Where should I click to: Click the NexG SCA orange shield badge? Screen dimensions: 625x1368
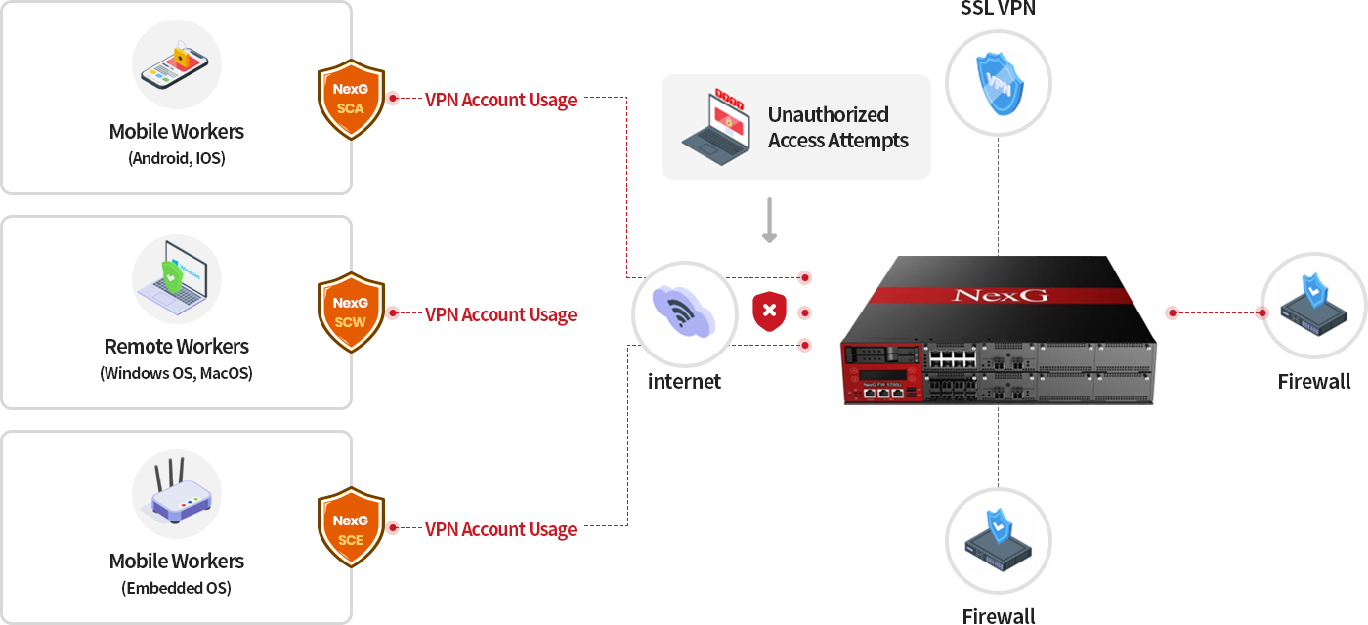pyautogui.click(x=350, y=99)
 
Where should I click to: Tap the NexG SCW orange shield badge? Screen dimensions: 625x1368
pyautogui.click(x=350, y=313)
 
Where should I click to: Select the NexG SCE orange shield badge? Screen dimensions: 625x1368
pyautogui.click(x=350, y=528)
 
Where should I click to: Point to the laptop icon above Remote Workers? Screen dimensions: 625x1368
pyautogui.click(x=177, y=278)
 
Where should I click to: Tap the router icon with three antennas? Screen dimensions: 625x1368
pyautogui.click(x=177, y=494)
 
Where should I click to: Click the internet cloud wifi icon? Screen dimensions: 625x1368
pyautogui.click(x=684, y=314)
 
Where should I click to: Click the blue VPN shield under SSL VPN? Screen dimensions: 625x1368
pyautogui.click(x=999, y=83)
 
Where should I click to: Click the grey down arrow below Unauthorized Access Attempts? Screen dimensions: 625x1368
pyautogui.click(x=769, y=221)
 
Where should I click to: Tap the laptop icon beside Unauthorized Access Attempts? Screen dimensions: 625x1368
pyautogui.click(x=717, y=127)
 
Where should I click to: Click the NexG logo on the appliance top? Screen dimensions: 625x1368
pyautogui.click(x=999, y=294)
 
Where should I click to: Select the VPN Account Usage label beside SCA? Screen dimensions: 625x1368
pyautogui.click(x=500, y=100)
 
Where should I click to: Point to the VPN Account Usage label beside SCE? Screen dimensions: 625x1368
pyautogui.click(x=500, y=529)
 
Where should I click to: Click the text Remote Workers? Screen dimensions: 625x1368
pyautogui.click(x=177, y=347)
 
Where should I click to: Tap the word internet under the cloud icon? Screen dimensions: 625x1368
pyautogui.click(x=684, y=381)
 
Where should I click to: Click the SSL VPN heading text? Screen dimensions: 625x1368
pyautogui.click(x=999, y=9)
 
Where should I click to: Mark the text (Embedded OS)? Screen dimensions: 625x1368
pyautogui.click(x=177, y=588)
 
